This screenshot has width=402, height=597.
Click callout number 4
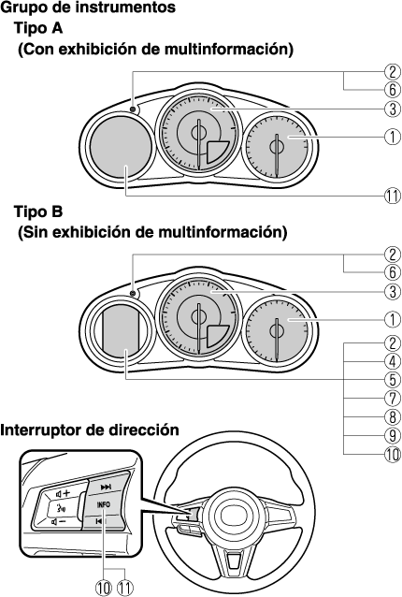click(x=393, y=361)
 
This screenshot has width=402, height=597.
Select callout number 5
click(x=393, y=380)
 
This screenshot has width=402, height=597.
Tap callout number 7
click(x=393, y=399)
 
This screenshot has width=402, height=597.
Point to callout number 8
click(x=393, y=417)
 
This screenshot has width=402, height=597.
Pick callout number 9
click(x=393, y=435)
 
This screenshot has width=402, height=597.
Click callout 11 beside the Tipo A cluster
click(x=393, y=197)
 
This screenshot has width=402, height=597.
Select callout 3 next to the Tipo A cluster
click(x=393, y=109)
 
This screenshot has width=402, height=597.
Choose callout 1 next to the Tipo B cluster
click(x=393, y=319)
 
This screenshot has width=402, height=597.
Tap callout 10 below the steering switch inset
click(x=104, y=588)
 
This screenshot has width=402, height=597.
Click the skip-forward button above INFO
click(x=106, y=487)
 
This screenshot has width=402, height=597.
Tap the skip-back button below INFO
click(x=99, y=521)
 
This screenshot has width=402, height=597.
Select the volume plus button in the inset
click(x=64, y=494)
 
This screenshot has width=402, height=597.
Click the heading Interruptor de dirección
click(x=90, y=430)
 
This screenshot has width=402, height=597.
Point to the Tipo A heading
click(x=38, y=28)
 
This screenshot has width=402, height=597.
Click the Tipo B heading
click(x=38, y=211)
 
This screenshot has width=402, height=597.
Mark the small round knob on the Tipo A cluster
click(x=133, y=109)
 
